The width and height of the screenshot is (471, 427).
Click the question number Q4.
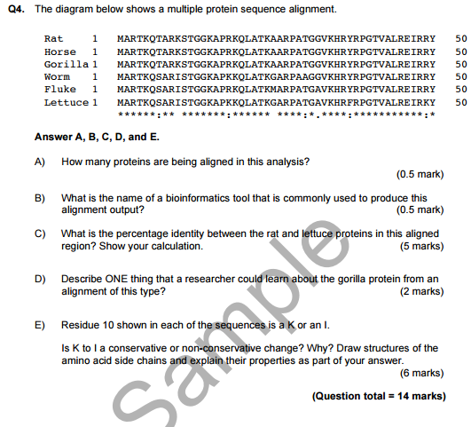19,9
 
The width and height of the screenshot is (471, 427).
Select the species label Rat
52,40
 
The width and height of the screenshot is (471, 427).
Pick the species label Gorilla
65,65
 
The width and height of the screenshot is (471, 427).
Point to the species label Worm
56,77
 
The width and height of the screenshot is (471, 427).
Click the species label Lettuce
65,103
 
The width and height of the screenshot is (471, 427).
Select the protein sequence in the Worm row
276,77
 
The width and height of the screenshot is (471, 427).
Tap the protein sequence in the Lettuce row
276,103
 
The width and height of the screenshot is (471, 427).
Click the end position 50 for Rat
460,40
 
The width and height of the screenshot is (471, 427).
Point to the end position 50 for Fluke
460,90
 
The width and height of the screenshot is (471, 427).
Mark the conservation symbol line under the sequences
276,115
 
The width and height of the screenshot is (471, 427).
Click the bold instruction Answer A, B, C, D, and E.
97,138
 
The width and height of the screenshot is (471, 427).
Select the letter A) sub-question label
40,162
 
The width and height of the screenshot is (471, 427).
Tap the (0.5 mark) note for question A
420,175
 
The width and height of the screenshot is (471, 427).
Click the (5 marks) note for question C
422,246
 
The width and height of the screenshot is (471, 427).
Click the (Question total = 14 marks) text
379,396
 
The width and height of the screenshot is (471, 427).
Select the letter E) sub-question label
40,325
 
